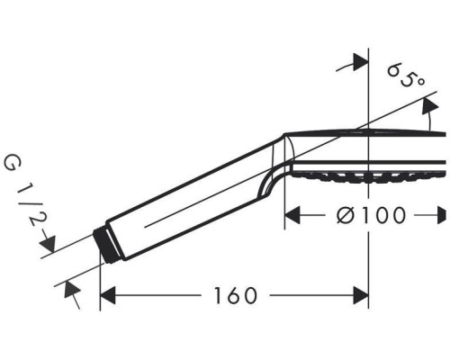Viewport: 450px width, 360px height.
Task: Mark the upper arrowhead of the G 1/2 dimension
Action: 51,246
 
